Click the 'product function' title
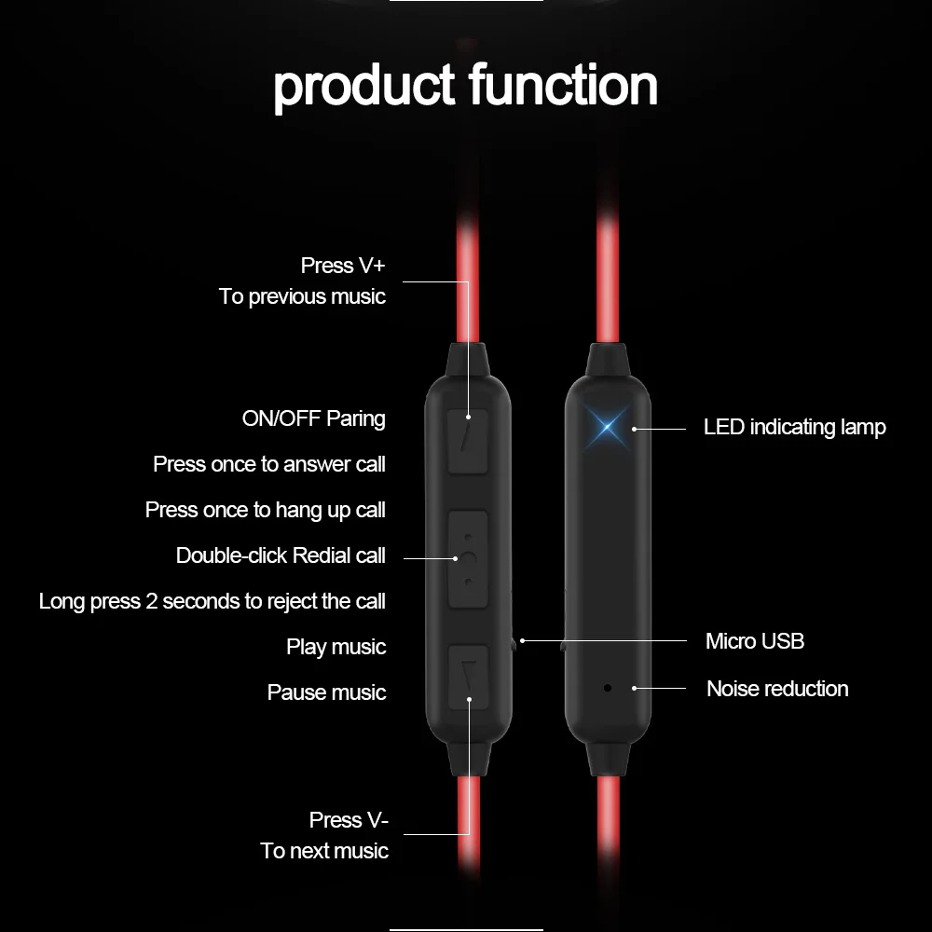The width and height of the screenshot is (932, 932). (x=465, y=86)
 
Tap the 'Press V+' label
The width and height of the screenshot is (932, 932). (x=342, y=266)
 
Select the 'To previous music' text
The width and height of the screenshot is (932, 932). (x=302, y=296)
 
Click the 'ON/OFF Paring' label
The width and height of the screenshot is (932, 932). (x=313, y=418)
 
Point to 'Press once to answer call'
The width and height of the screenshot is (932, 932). (x=268, y=464)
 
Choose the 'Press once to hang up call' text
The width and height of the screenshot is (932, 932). (x=265, y=510)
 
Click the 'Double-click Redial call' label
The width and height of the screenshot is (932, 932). (x=280, y=555)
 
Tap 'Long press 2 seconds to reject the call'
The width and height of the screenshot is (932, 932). (x=212, y=601)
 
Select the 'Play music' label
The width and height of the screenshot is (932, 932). (x=336, y=647)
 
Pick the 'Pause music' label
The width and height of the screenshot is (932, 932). (x=326, y=692)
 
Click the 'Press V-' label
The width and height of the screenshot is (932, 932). (x=349, y=820)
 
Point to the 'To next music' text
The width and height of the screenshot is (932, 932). (x=324, y=851)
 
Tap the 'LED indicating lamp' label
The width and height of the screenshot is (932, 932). (x=794, y=427)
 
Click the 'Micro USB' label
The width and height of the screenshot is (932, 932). (x=754, y=640)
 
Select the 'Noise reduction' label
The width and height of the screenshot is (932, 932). (x=777, y=689)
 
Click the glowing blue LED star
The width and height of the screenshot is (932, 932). (x=607, y=428)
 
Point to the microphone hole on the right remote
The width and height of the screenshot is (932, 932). (x=608, y=688)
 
